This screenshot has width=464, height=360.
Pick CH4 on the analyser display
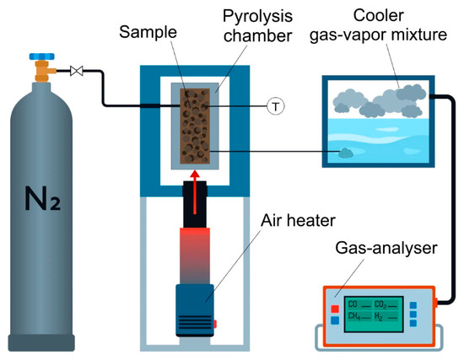355,316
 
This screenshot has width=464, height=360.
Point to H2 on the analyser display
384,316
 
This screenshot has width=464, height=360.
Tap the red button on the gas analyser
335,309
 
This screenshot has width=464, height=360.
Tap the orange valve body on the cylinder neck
41,75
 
